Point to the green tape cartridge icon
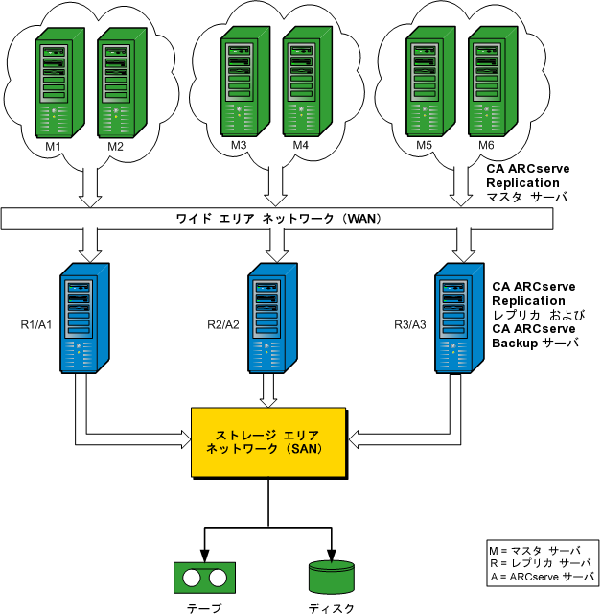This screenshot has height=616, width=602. point(203,579)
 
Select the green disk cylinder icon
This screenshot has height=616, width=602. point(332,577)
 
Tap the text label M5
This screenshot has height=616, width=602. point(425,146)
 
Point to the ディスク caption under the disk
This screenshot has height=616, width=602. point(332,608)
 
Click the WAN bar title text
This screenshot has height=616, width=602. point(278,219)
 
